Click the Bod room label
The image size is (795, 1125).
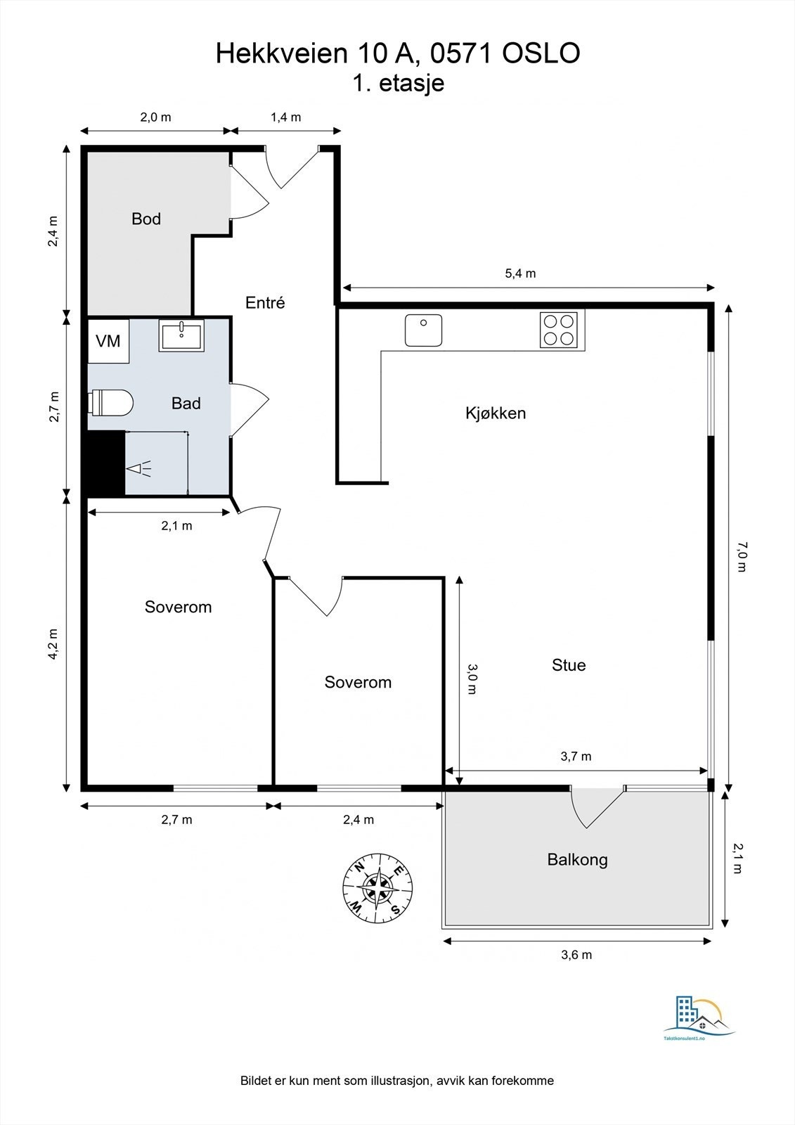click(x=146, y=219)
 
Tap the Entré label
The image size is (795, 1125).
click(x=265, y=303)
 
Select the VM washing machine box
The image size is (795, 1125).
click(x=108, y=342)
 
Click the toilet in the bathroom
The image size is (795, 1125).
click(x=110, y=402)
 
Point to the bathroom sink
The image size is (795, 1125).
click(x=181, y=335)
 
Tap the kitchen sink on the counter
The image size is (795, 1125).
click(x=424, y=330)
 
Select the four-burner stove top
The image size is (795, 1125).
click(x=559, y=330)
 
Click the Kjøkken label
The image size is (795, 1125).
click(x=496, y=413)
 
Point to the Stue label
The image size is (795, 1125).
click(x=569, y=665)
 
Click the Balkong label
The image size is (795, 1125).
click(x=578, y=860)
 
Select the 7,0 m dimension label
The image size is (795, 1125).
click(x=742, y=557)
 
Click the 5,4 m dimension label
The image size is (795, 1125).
click(x=520, y=274)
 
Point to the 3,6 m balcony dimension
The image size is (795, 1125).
click(x=576, y=955)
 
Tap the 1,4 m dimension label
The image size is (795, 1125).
click(x=286, y=117)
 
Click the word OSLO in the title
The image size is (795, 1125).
click(x=541, y=53)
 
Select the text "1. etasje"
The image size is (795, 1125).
click(x=399, y=84)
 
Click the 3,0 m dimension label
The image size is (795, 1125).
click(x=472, y=679)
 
